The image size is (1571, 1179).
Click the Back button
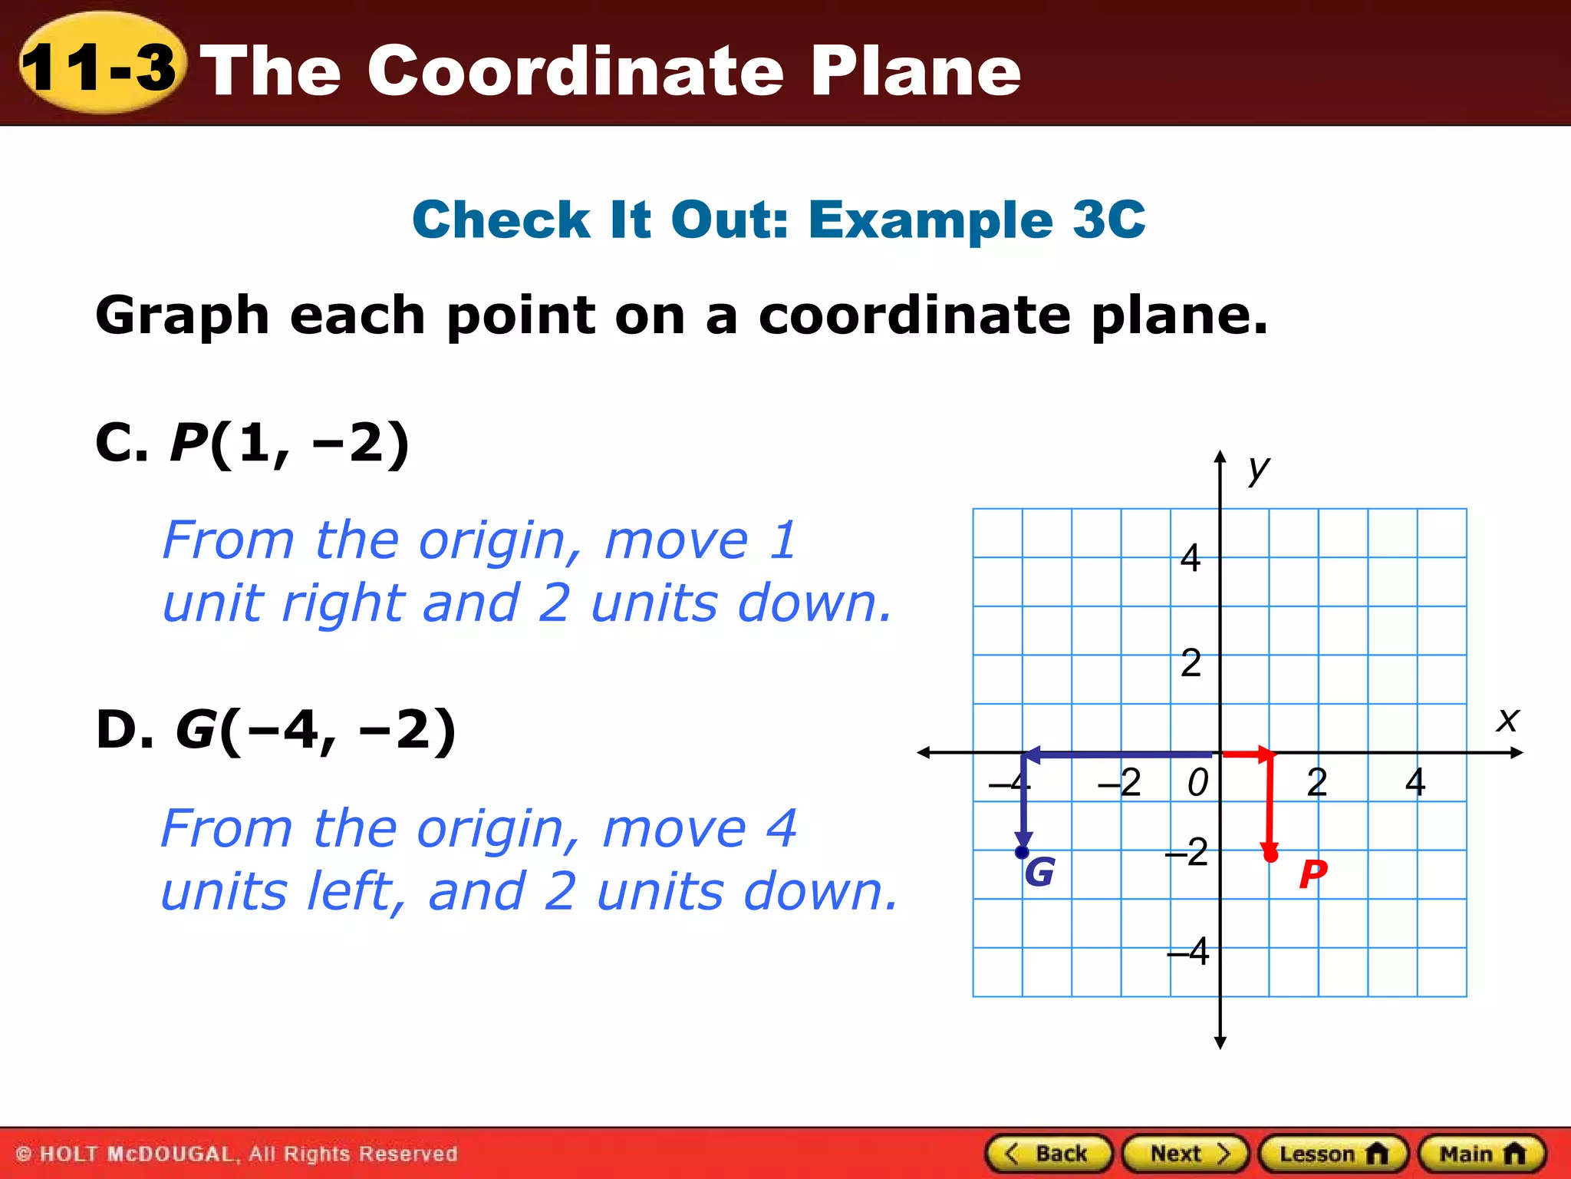pyautogui.click(x=1049, y=1154)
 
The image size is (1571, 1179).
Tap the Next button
pyautogui.click(x=1186, y=1154)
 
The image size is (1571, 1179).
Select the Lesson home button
pyautogui.click(x=1333, y=1154)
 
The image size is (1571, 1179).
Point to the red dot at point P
pyautogui.click(x=1270, y=855)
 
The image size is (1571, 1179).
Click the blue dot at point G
pyautogui.click(x=1022, y=852)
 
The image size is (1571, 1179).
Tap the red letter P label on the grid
pyautogui.click(x=1312, y=874)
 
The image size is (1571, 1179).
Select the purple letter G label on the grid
pyautogui.click(x=1039, y=873)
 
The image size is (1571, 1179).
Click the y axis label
pyautogui.click(x=1258, y=467)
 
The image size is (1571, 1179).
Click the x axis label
pyautogui.click(x=1507, y=720)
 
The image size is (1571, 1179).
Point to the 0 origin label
pyautogui.click(x=1197, y=783)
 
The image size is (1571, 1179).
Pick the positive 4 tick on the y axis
pyautogui.click(x=1190, y=558)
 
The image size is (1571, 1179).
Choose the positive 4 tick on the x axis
pyautogui.click(x=1415, y=782)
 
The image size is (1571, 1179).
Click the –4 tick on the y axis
pyautogui.click(x=1188, y=953)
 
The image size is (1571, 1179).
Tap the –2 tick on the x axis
pyautogui.click(x=1120, y=783)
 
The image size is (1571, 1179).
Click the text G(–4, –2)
pyautogui.click(x=315, y=729)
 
